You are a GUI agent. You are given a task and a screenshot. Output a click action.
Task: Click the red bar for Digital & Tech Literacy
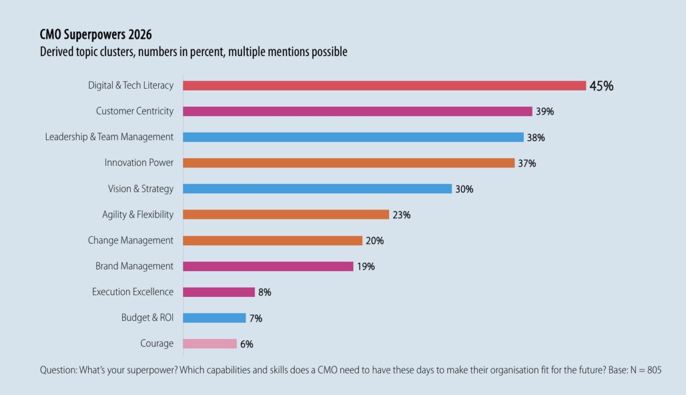click(384, 86)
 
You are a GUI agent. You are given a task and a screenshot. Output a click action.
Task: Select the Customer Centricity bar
click(358, 111)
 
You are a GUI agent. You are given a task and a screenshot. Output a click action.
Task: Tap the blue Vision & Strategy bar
click(317, 189)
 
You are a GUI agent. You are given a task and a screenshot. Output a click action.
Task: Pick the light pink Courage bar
click(210, 344)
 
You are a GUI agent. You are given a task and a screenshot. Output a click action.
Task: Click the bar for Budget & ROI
click(215, 318)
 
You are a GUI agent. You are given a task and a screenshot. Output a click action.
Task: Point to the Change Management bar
click(272, 240)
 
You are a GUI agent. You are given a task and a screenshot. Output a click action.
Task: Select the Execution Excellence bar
click(219, 292)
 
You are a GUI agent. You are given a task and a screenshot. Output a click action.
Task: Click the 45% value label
click(601, 86)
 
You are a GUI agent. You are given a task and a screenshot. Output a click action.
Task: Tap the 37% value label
click(527, 163)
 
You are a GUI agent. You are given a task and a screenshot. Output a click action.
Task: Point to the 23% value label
click(401, 215)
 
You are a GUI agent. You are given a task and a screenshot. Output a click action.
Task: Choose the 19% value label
click(366, 267)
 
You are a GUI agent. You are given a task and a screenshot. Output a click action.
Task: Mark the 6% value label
click(247, 344)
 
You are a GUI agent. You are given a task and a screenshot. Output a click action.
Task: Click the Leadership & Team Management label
click(109, 137)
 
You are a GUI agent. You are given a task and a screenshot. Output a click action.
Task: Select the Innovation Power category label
click(139, 163)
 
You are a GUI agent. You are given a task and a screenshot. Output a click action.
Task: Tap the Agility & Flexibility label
click(138, 215)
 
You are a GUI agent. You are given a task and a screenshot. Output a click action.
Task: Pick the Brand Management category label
click(134, 266)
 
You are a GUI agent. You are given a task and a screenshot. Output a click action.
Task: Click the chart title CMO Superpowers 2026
click(96, 35)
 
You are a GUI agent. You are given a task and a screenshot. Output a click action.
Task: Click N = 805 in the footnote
click(645, 370)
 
